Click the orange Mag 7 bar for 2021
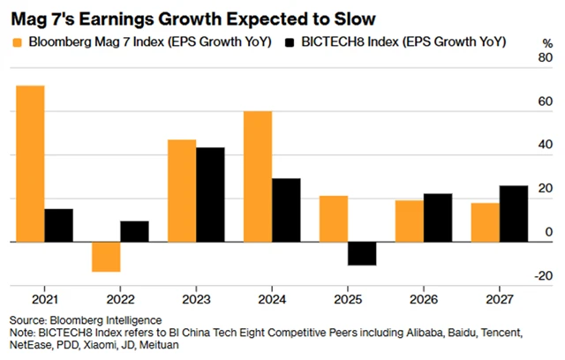(31, 163)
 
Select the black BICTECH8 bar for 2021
(59, 225)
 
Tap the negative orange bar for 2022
(106, 257)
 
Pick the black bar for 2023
(210, 194)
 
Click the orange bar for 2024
(257, 176)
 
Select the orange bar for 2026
(409, 221)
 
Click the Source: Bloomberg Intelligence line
(86, 319)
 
